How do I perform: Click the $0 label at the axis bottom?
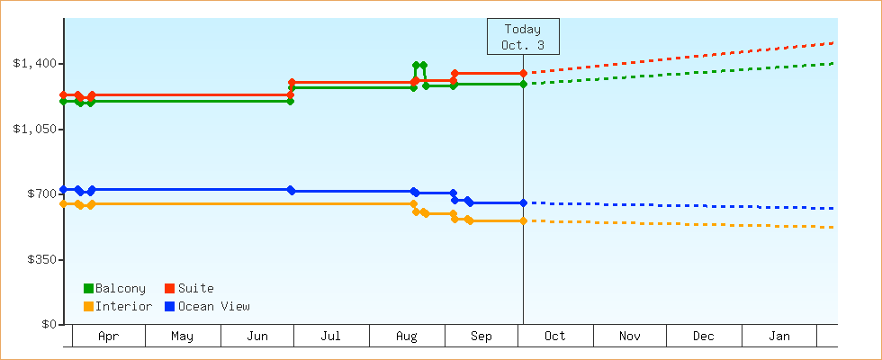(48, 325)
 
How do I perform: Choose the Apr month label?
(108, 337)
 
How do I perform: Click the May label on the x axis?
(182, 337)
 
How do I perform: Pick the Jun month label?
(256, 337)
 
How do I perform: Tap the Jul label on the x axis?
(330, 337)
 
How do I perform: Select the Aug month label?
(406, 337)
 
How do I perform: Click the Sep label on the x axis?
(481, 337)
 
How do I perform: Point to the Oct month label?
(554, 337)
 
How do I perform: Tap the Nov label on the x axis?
(629, 337)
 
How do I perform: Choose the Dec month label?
(703, 337)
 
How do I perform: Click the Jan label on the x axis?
(778, 337)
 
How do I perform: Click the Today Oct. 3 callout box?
(523, 37)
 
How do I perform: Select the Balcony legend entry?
(114, 289)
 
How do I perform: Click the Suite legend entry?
(190, 289)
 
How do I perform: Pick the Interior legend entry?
(118, 307)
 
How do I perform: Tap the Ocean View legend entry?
(208, 307)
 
